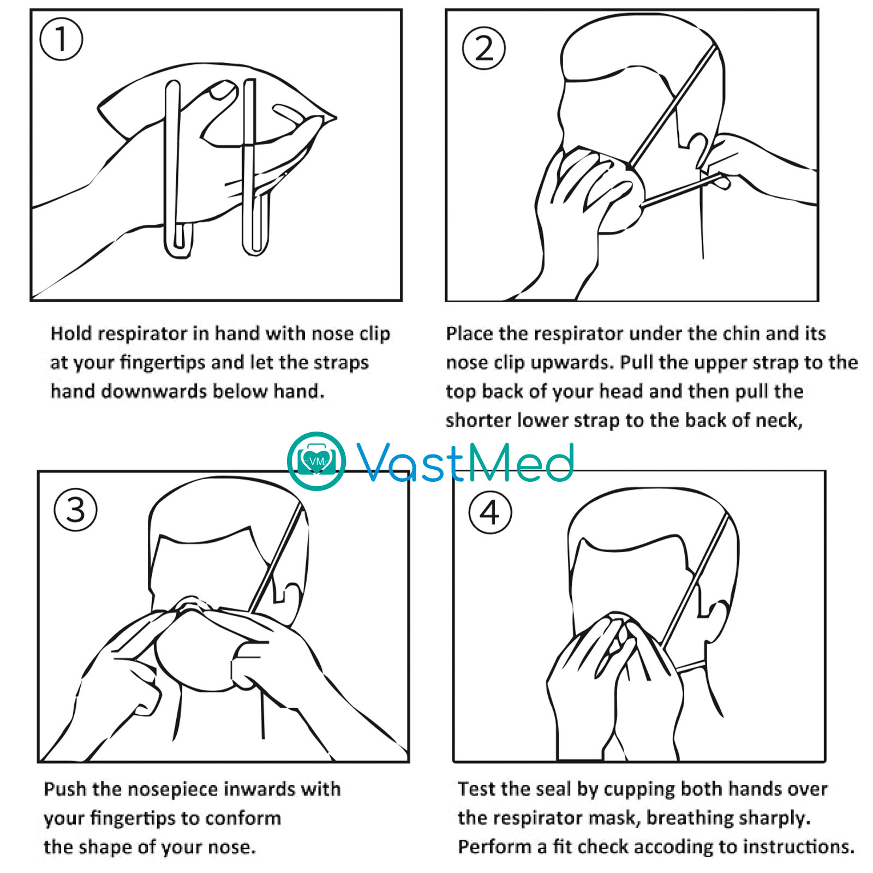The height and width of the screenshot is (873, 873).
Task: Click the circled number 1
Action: (61, 39)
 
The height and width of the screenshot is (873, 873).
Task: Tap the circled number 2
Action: (483, 48)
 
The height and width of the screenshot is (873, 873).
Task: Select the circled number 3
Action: (75, 510)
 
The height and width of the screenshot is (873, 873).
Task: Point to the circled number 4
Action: (490, 512)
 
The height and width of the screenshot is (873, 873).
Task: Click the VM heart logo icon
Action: (316, 461)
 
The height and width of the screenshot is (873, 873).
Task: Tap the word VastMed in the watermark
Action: (465, 462)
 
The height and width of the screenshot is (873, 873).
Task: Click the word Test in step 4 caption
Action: (476, 789)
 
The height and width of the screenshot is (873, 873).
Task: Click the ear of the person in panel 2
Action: (699, 150)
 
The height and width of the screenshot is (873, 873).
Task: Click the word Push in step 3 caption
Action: (64, 790)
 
